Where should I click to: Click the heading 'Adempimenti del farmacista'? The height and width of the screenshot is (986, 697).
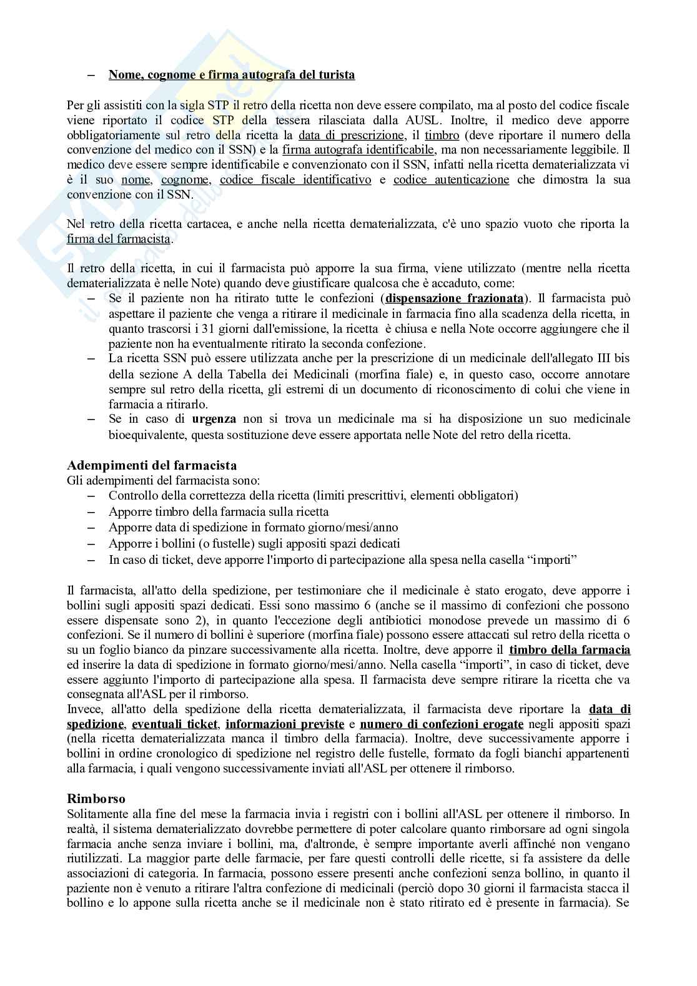[x=151, y=465]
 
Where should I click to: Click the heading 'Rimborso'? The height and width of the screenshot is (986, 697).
[x=96, y=799]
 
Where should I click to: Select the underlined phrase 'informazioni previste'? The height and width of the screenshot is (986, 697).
[x=285, y=724]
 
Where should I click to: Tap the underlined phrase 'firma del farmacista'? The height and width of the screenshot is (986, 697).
[x=118, y=239]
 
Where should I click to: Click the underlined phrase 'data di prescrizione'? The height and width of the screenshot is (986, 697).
[x=351, y=135]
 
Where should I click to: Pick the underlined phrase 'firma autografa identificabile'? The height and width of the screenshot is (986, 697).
[x=358, y=150]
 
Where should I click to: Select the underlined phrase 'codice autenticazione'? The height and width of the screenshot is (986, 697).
[x=451, y=180]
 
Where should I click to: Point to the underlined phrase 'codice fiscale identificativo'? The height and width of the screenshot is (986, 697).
[x=295, y=180]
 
